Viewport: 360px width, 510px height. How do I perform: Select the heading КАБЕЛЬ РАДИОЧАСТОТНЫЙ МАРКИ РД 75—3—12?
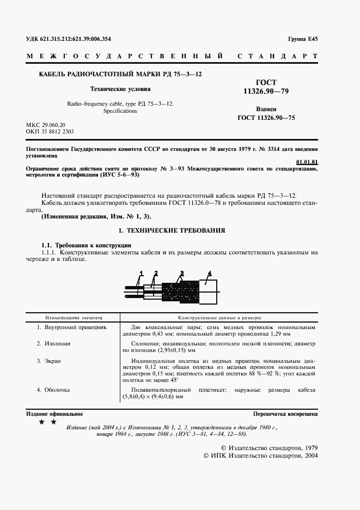pyautogui.click(x=115, y=74)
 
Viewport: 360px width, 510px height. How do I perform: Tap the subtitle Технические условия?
pyautogui.click(x=120, y=88)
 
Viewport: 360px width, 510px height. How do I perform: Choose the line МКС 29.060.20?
pyautogui.click(x=45, y=125)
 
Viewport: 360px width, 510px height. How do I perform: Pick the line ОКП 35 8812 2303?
pyautogui.click(x=50, y=132)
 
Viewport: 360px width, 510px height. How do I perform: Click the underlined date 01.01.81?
pyautogui.click(x=307, y=162)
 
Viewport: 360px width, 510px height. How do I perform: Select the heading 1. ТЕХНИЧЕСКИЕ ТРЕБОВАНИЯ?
pyautogui.click(x=172, y=231)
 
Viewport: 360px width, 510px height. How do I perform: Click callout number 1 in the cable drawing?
pyautogui.click(x=141, y=272)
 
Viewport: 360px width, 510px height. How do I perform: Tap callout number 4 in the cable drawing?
pyautogui.click(x=209, y=272)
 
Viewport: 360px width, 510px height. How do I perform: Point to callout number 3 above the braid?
pyautogui.click(x=182, y=272)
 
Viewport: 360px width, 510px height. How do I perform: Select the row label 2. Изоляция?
pyautogui.click(x=53, y=343)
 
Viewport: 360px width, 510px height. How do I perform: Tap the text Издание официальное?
pyautogui.click(x=51, y=415)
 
